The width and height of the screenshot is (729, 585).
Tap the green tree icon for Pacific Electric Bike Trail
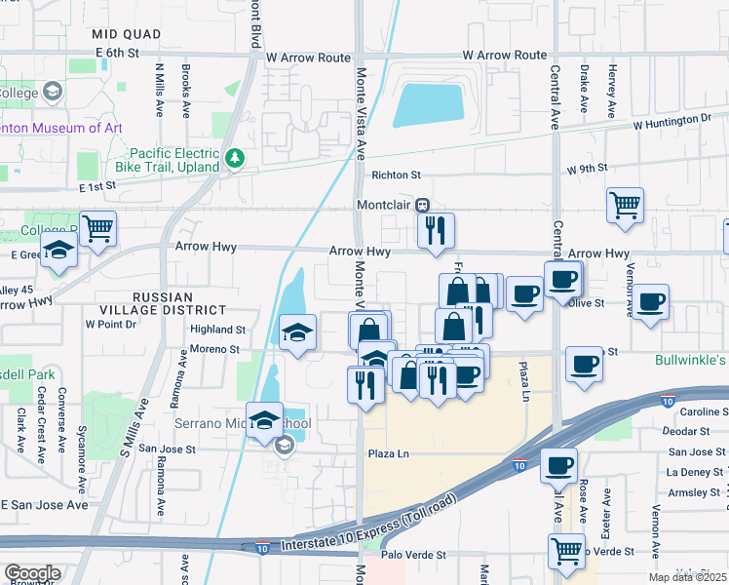(234, 159)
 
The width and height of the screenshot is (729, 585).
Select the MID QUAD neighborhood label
(125, 34)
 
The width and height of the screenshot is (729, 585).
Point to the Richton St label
(395, 175)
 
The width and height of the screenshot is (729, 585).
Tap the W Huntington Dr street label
(671, 123)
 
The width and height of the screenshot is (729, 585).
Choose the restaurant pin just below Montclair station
(436, 231)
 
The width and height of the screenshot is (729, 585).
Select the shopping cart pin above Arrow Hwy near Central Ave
(625, 206)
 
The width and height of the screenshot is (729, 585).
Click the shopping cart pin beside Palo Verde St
(566, 552)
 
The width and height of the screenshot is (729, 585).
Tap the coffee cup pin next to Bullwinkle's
(584, 364)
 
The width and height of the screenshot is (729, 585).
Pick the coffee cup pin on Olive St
(651, 300)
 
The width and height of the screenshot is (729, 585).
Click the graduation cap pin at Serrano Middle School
(264, 420)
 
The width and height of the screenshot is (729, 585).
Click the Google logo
(31, 573)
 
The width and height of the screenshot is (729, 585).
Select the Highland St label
(217, 330)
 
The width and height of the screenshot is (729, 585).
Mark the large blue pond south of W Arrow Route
(428, 105)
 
